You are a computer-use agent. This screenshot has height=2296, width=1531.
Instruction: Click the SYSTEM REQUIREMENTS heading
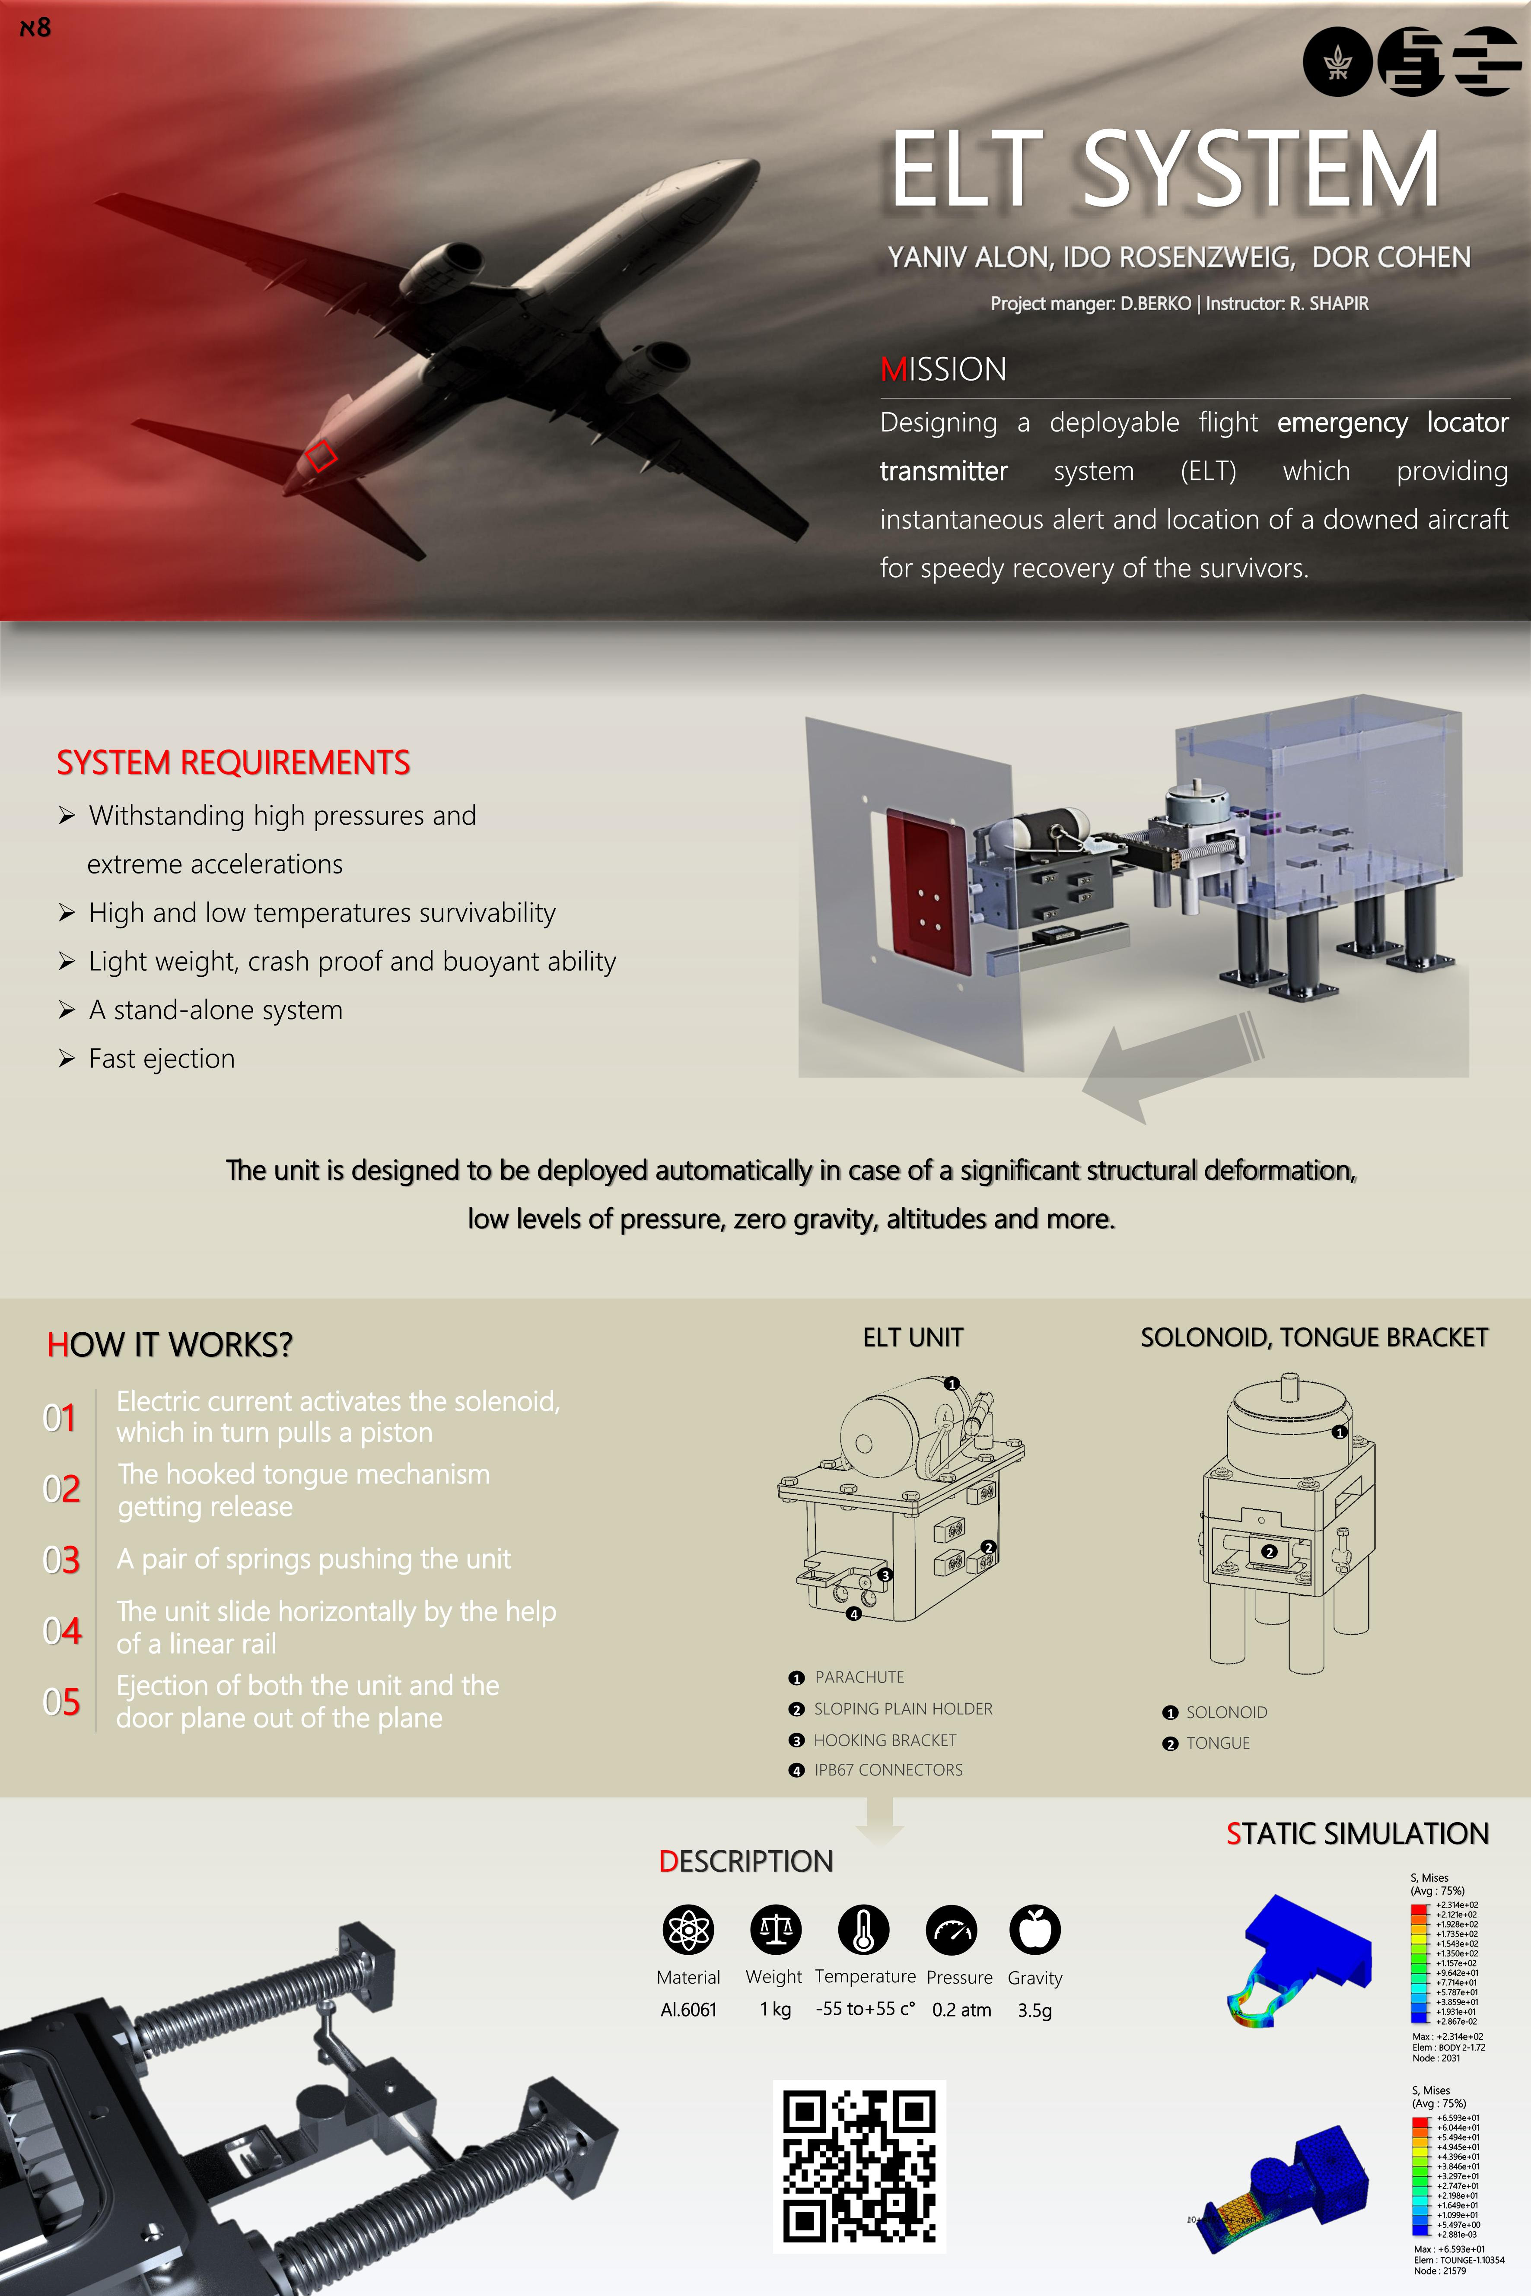[x=233, y=762]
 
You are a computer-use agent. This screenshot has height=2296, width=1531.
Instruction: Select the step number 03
[x=60, y=1559]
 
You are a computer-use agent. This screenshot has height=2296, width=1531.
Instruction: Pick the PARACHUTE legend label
[x=859, y=1677]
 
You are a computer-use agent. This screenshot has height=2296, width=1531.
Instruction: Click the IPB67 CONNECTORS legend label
[x=888, y=1770]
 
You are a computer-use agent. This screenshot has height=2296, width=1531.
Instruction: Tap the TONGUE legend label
[x=1218, y=1743]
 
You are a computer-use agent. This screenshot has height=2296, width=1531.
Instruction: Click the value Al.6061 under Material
[x=688, y=2010]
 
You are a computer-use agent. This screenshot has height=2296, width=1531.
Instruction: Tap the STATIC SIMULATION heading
[x=1357, y=1834]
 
